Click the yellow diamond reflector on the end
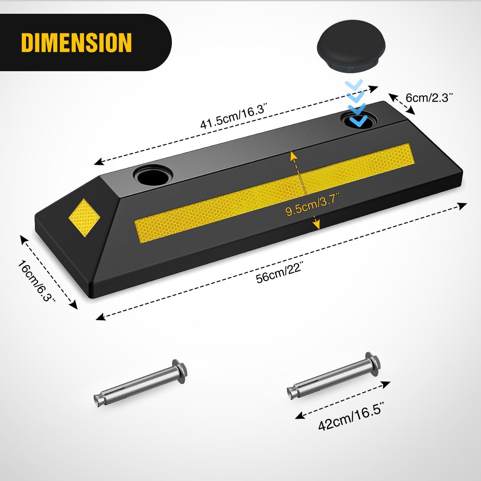[x=84, y=218]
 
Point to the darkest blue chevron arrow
[x=357, y=120]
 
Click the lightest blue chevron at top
[x=354, y=85]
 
